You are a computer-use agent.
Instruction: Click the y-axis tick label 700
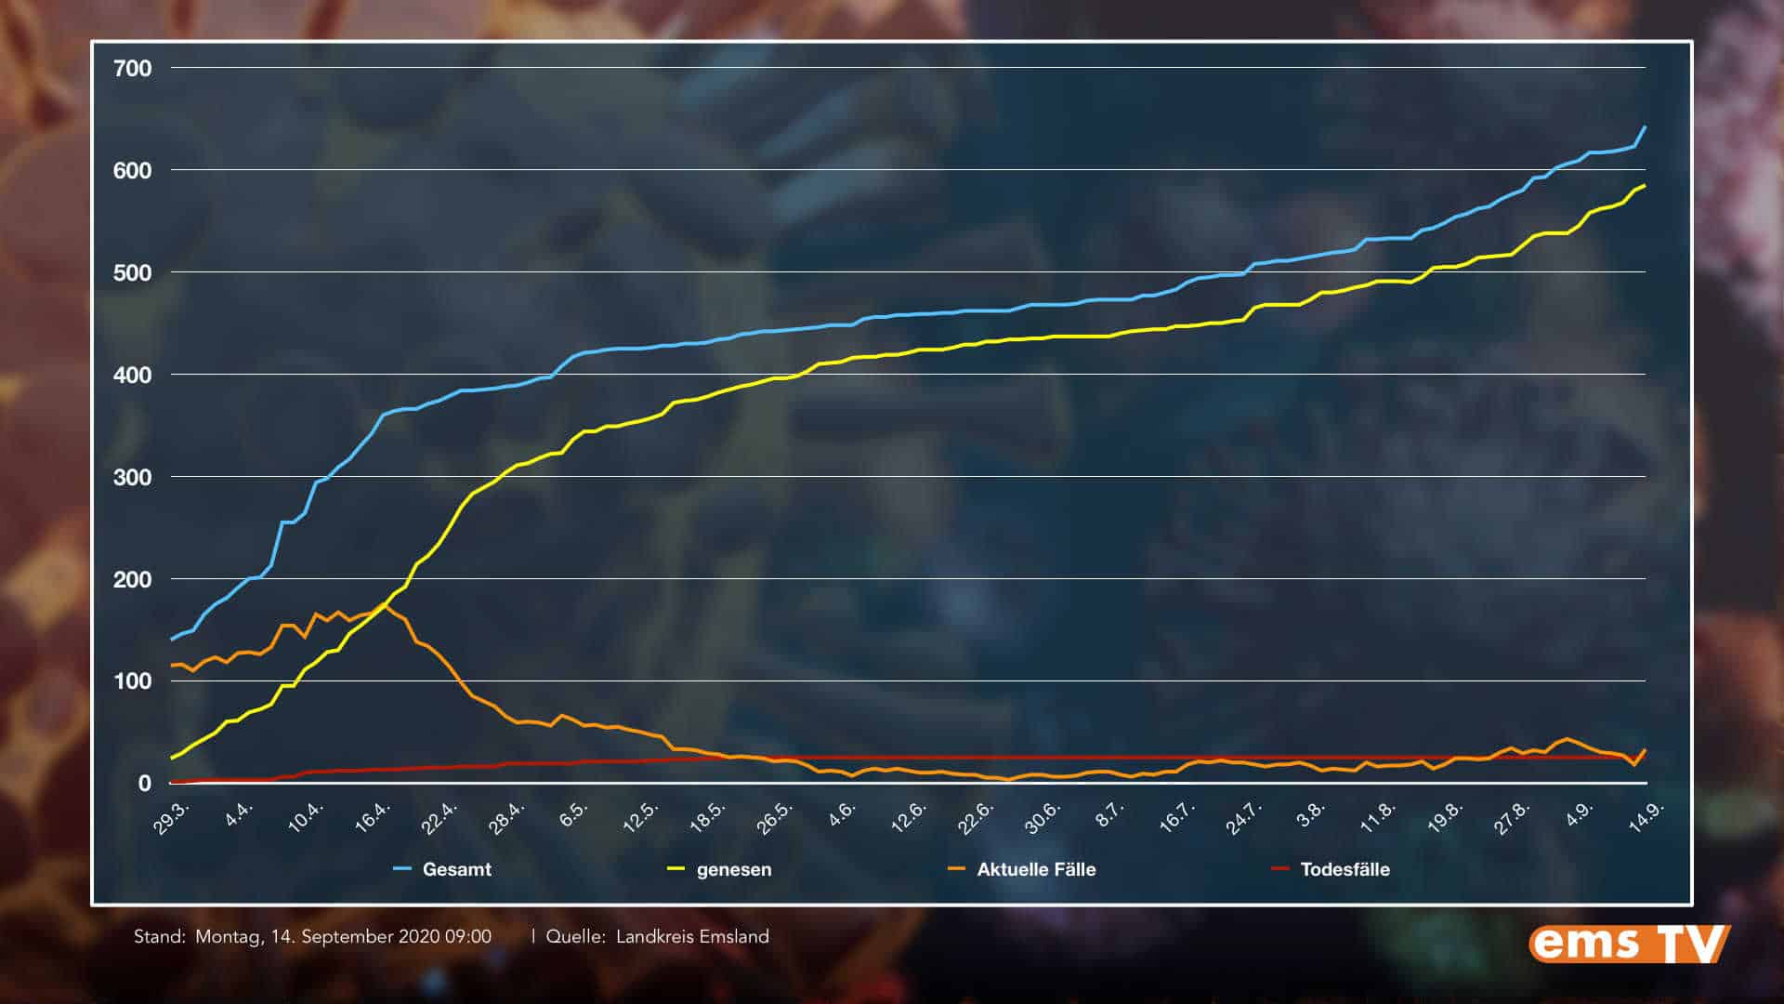click(x=132, y=68)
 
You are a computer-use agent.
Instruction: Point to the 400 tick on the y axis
click(x=132, y=375)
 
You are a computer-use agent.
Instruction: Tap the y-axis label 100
click(x=132, y=681)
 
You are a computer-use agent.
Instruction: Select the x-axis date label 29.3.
click(x=172, y=818)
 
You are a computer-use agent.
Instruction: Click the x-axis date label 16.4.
click(x=372, y=816)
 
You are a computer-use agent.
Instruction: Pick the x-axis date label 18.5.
click(x=708, y=816)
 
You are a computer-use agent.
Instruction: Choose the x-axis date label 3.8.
click(x=1311, y=815)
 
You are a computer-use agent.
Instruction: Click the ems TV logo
click(x=1629, y=944)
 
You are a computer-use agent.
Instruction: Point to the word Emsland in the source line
click(x=730, y=937)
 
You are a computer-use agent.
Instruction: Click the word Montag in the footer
click(x=229, y=937)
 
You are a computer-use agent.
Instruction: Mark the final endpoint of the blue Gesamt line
click(x=1646, y=126)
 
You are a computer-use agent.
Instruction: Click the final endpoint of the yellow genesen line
click(x=1646, y=185)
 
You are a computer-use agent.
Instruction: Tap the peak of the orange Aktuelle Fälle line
click(x=385, y=604)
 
